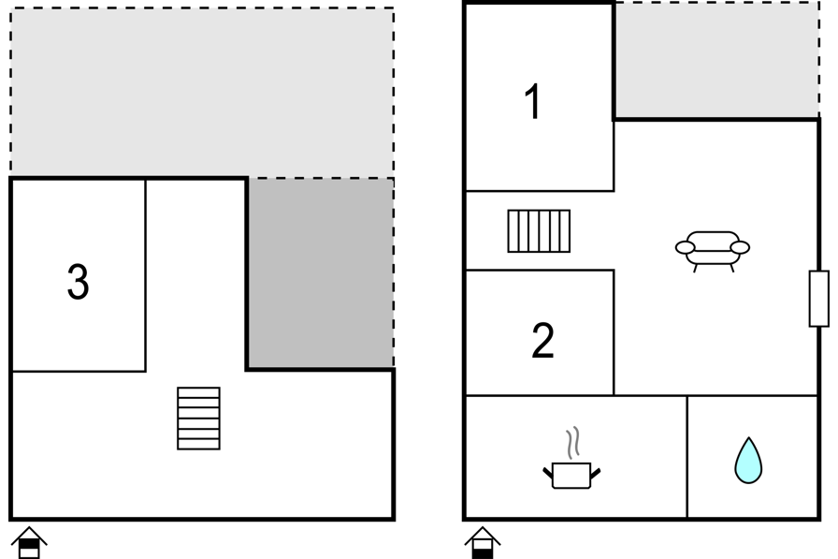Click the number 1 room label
tap(533, 101)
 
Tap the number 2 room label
tap(543, 340)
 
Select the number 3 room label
tap(78, 281)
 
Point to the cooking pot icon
tap(571, 475)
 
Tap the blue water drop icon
tap(748, 461)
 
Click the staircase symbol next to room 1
tap(539, 231)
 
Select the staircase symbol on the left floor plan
tap(199, 419)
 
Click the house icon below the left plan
tap(29, 543)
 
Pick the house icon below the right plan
tap(483, 543)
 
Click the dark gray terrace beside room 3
tap(321, 272)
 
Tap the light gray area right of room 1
tap(716, 60)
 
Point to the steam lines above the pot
tap(573, 443)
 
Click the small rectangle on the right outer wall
tap(818, 299)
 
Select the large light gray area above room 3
tap(202, 91)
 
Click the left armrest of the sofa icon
tap(686, 248)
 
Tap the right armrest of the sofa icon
tap(740, 248)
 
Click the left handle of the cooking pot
tap(548, 473)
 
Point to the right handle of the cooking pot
tap(596, 473)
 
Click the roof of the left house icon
tap(29, 534)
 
